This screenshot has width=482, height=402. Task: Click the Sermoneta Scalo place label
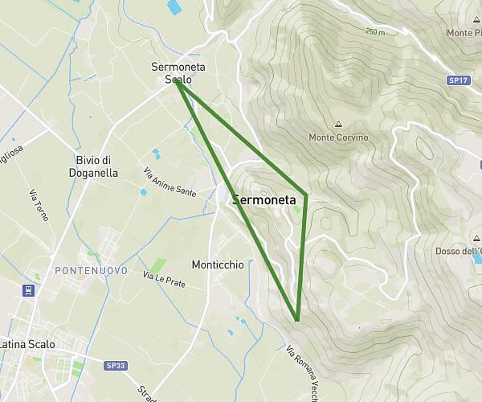177,73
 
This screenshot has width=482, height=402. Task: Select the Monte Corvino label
338,137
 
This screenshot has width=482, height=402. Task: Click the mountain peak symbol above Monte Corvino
338,125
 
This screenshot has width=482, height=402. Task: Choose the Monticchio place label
218,265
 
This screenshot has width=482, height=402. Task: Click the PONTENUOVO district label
91,271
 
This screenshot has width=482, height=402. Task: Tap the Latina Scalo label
27,344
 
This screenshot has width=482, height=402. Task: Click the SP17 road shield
458,81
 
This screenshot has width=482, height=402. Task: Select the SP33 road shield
116,365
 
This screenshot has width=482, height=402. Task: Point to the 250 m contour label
375,32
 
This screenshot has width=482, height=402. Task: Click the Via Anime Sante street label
170,183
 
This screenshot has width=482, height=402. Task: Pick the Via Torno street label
38,205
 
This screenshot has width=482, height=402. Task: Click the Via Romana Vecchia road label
304,367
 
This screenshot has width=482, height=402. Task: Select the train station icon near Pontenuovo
29,289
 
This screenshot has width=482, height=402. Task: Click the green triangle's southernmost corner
297,320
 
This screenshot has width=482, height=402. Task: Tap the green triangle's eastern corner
306,195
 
